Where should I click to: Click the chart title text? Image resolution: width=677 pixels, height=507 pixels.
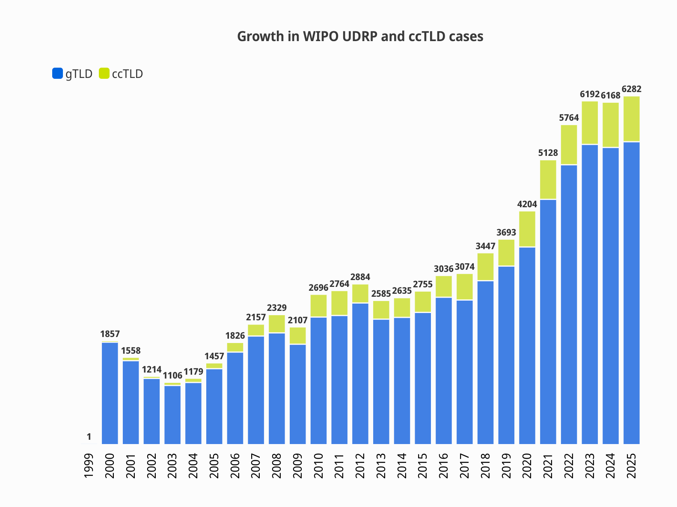[360, 37]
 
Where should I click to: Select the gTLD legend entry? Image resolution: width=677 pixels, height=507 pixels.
[72, 74]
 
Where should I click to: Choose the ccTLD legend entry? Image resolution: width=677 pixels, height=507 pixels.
[121, 74]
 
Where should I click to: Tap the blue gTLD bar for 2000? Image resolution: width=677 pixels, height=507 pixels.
[110, 393]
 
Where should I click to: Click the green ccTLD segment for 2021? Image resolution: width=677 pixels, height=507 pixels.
[548, 179]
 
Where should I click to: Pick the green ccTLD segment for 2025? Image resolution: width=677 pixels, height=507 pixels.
[632, 119]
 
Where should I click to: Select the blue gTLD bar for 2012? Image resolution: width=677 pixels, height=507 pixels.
[360, 373]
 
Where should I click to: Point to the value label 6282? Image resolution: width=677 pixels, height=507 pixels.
[632, 89]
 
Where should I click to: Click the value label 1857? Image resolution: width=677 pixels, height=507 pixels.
[110, 334]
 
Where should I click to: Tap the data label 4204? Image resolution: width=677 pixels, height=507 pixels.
[527, 204]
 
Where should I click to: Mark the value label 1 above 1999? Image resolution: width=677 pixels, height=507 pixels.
[89, 437]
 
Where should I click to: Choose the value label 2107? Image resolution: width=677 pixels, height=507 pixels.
[297, 320]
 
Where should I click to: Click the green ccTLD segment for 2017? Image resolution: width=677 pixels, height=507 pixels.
[465, 286]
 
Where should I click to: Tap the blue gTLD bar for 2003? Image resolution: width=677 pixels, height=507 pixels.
[172, 415]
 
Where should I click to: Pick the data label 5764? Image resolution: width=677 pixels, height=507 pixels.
[569, 118]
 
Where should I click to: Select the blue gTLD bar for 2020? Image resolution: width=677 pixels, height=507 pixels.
[527, 346]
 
